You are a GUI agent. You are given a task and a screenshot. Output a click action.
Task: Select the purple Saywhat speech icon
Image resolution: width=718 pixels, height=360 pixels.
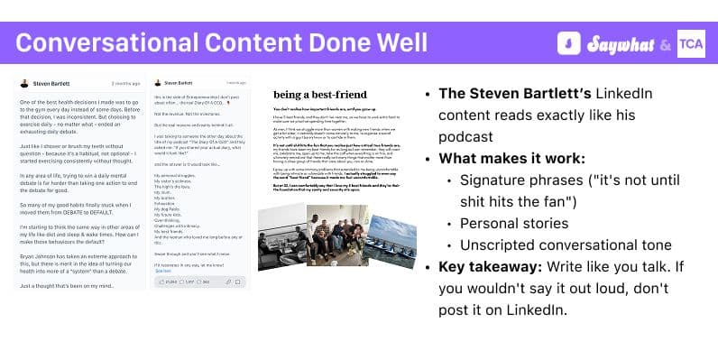pos(569,43)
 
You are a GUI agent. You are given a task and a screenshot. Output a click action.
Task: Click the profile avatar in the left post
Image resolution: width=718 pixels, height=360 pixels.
pos(24,83)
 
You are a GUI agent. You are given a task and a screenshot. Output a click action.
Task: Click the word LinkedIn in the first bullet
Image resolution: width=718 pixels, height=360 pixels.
pos(610,94)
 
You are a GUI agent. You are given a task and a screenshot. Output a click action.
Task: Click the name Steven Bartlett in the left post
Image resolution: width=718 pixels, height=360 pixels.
pos(57,83)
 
